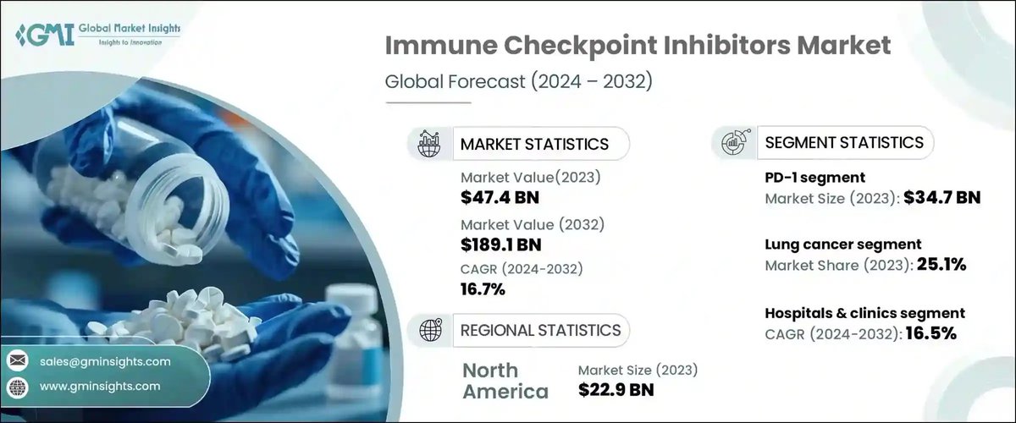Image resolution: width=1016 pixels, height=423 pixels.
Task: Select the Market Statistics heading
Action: click(534, 144)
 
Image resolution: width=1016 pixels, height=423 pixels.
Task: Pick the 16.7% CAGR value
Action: click(483, 290)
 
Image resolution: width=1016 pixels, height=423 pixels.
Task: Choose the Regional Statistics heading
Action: click(540, 330)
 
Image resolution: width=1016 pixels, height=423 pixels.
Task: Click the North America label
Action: click(505, 381)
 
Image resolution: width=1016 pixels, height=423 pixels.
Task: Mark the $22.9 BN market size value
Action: click(616, 390)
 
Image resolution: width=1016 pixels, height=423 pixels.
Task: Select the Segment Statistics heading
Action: click(844, 142)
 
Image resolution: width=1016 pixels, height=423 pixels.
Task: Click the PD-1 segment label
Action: click(814, 178)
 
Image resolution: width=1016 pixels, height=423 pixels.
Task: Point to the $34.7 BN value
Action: click(941, 199)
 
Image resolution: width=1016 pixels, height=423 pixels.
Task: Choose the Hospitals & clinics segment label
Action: click(864, 313)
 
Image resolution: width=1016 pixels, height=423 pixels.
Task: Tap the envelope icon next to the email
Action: click(17, 361)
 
